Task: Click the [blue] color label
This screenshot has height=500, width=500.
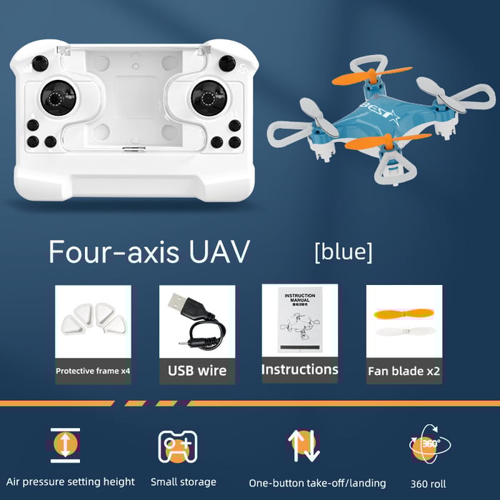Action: (343, 251)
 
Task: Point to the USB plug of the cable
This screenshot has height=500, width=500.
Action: (179, 305)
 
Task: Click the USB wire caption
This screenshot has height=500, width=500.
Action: (197, 370)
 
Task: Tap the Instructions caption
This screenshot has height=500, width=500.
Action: (299, 369)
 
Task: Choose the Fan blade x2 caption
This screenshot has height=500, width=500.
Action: (404, 371)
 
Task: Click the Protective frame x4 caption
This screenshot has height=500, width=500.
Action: (93, 371)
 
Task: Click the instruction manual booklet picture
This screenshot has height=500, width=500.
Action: (300, 321)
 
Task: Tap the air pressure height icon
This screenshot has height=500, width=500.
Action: (65, 443)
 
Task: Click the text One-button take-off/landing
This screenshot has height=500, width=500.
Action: (317, 483)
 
